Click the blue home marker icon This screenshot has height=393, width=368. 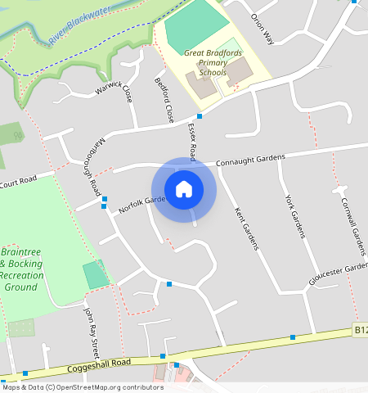[184, 189]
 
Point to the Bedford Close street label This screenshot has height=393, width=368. [164, 99]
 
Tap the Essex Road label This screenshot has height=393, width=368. [192, 140]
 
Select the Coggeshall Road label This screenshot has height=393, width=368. [101, 363]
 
